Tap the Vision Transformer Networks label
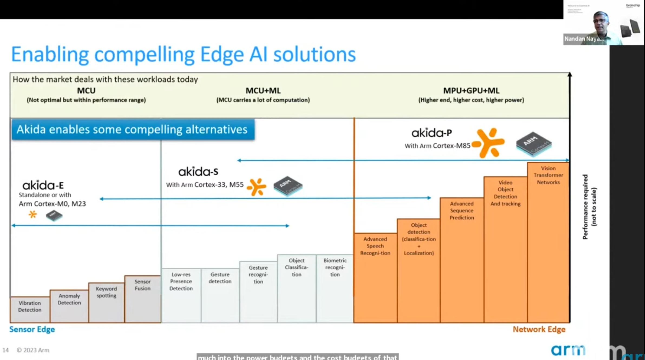(x=548, y=175)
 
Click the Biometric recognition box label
(x=335, y=267)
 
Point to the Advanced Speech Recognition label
(x=375, y=246)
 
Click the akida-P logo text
(x=431, y=133)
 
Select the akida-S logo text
(x=198, y=172)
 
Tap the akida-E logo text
(x=43, y=185)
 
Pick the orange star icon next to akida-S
(x=257, y=187)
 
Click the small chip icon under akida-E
(x=54, y=216)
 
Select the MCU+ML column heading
(x=263, y=91)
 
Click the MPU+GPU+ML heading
(x=471, y=91)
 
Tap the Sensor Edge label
(x=32, y=329)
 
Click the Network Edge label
(x=539, y=329)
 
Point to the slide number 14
(x=5, y=350)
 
